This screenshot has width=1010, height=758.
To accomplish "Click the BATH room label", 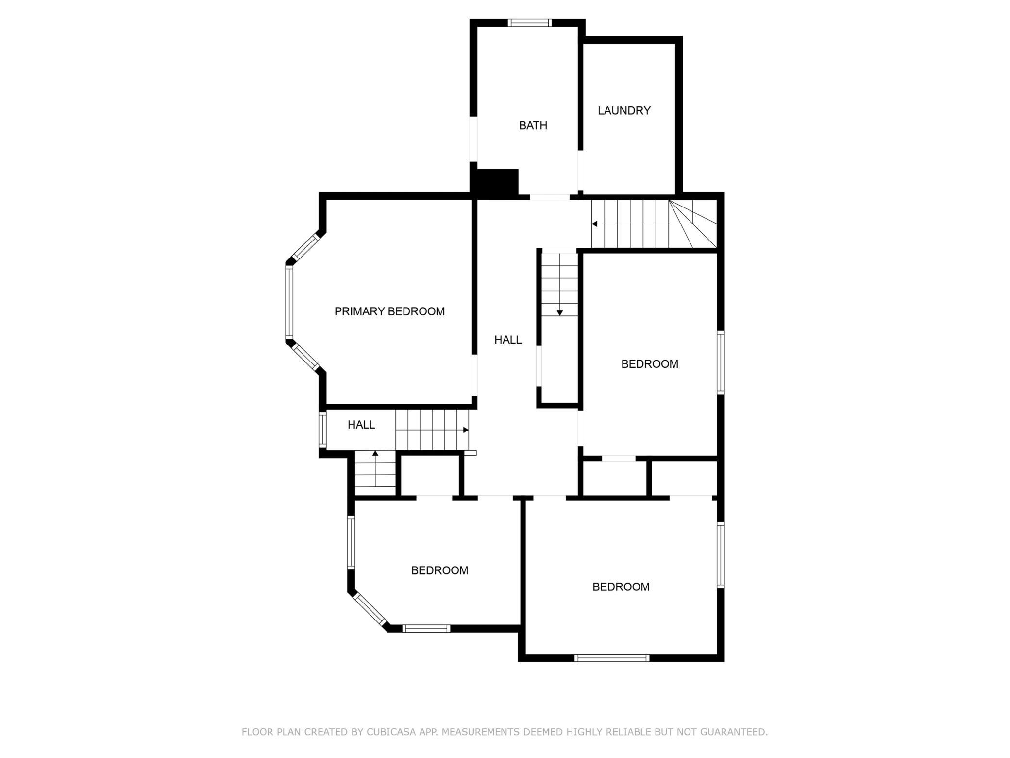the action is tap(533, 125).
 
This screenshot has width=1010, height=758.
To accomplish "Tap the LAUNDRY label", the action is tap(624, 110).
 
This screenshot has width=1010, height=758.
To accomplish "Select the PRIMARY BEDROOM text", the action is tap(389, 311).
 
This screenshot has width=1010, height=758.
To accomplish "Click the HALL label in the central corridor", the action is tap(508, 340).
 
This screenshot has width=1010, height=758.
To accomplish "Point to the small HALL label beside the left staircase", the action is tap(361, 425).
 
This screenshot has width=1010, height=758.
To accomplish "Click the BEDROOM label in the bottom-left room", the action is tap(439, 570).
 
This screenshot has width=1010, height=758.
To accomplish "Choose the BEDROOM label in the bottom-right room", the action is tap(621, 587).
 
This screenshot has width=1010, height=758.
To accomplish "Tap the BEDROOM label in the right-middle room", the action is tap(650, 364).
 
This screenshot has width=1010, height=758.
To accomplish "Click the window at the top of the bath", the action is tap(530, 23).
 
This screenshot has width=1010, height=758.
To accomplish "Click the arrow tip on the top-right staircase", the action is tap(592, 224).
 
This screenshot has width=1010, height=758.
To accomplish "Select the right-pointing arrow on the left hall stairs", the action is tap(432, 430).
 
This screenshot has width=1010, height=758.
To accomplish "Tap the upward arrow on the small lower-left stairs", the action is tap(375, 469).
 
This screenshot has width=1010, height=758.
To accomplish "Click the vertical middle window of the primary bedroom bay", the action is tap(289, 302).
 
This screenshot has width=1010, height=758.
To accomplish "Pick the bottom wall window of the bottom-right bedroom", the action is tap(612, 658).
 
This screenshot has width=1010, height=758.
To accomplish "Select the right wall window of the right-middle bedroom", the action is tap(721, 362).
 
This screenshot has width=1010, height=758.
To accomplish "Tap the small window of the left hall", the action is tap(322, 430).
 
